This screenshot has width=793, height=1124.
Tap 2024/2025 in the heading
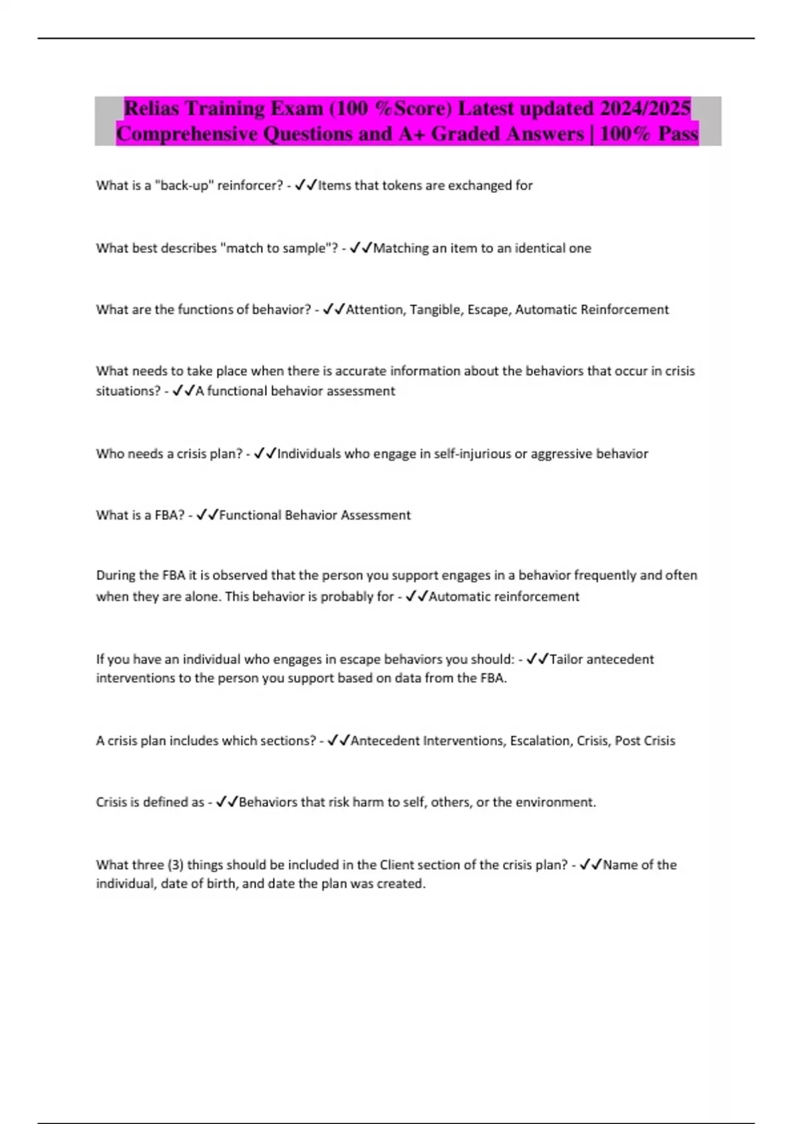coord(645,108)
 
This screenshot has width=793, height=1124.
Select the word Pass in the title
coord(678,134)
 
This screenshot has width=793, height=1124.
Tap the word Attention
coord(375,309)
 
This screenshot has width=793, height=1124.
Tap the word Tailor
coord(566,659)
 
